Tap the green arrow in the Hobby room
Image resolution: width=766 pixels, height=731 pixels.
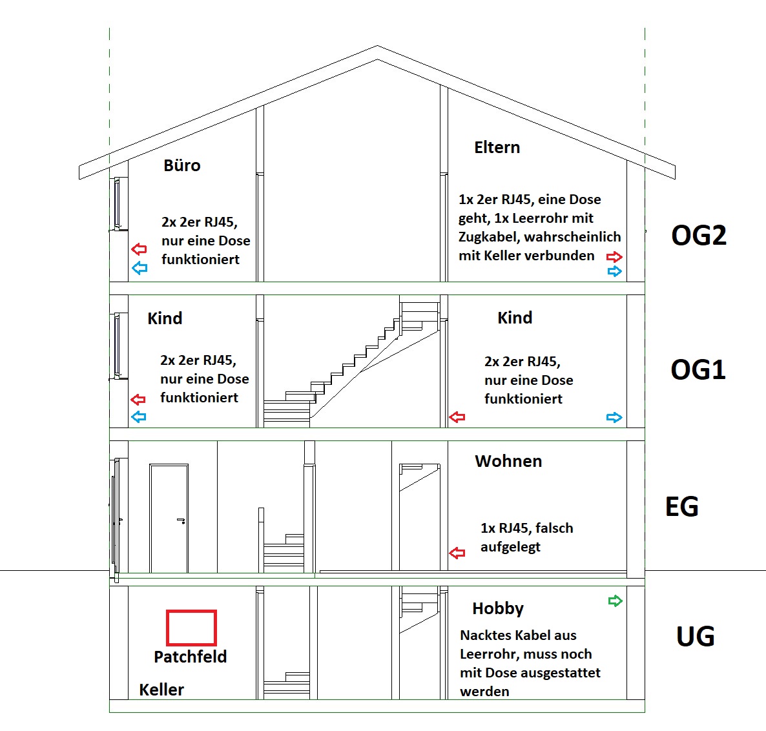pos(615,601)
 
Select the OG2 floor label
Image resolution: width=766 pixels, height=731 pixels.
pos(699,235)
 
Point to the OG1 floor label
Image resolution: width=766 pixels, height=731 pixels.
pos(698,369)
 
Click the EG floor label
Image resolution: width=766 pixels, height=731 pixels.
pos(681,506)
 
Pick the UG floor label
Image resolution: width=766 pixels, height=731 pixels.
pos(695,636)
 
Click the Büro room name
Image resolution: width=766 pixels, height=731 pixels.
pos(181,165)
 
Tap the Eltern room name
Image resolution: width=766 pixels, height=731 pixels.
pos(497,147)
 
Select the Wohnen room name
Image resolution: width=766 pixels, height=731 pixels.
pos(508,461)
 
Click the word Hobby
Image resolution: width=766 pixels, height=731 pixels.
pos(498,608)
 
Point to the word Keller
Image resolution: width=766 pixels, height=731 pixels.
pos(161,690)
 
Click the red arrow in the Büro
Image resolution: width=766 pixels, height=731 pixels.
pos(140,249)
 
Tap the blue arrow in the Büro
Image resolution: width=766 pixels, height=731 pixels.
pos(140,267)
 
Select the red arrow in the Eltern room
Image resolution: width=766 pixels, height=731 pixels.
pos(614,256)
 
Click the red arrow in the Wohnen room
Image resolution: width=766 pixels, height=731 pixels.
pos(457,553)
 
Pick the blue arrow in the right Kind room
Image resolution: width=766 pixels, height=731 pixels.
pos(614,418)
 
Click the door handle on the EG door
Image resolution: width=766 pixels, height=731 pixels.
pos(181,520)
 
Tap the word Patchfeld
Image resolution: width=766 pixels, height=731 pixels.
pos(190,656)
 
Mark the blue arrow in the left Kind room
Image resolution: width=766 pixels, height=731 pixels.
pos(139,417)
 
